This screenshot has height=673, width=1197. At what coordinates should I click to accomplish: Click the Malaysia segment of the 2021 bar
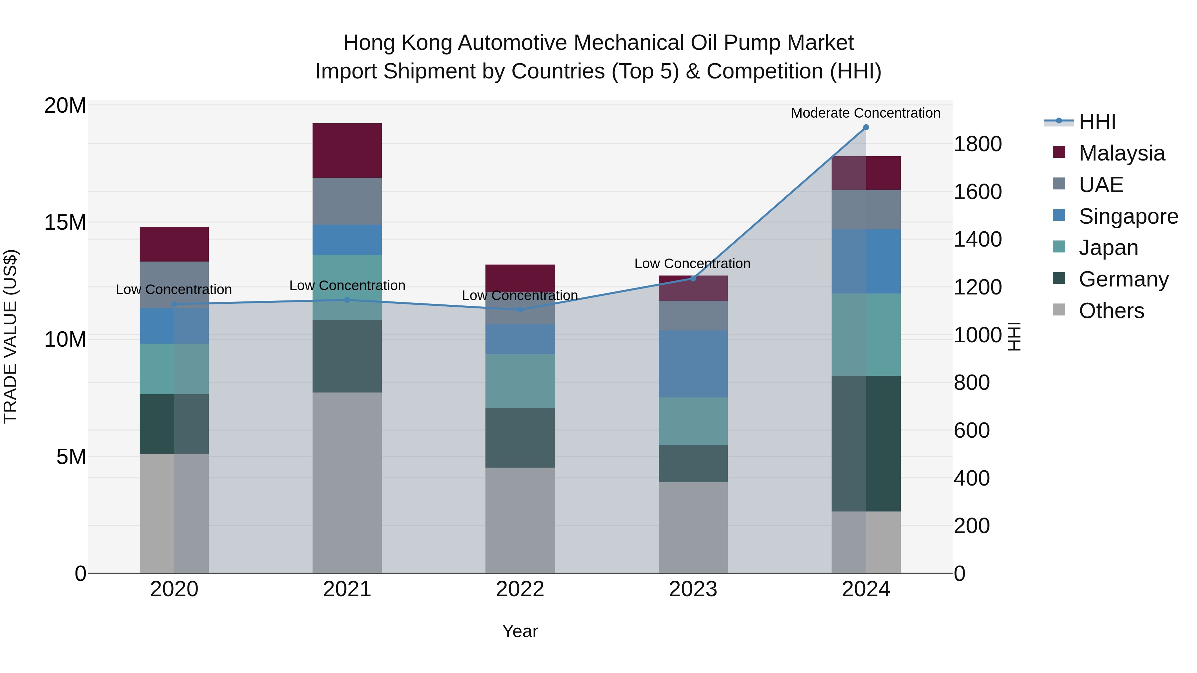[x=347, y=151]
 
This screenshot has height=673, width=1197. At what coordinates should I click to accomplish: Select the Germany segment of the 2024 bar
[x=866, y=444]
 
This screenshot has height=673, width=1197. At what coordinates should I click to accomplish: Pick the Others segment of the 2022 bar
[x=520, y=520]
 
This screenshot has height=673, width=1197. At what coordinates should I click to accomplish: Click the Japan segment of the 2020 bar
[x=174, y=369]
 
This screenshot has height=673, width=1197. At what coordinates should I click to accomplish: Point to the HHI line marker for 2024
[x=866, y=127]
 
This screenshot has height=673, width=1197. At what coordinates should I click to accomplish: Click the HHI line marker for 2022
[x=520, y=310]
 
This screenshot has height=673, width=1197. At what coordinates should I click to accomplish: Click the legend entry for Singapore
[x=1128, y=216]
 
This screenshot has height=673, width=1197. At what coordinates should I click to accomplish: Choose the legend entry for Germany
[x=1123, y=279]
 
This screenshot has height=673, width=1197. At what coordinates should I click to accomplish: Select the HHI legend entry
[x=1097, y=122]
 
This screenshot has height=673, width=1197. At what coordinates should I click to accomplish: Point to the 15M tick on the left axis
[x=65, y=222]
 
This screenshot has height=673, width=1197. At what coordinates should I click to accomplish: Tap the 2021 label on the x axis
[x=347, y=589]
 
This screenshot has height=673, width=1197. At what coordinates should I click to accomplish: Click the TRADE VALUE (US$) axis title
[x=10, y=336]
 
